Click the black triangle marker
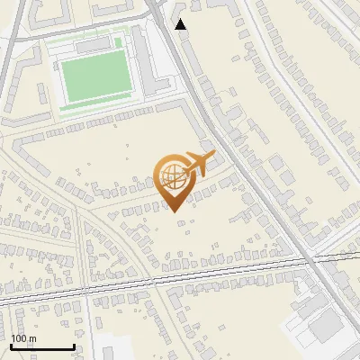click(181, 23)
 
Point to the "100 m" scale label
click(23, 338)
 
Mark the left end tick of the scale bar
click(11, 346)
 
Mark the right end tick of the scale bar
click(74, 346)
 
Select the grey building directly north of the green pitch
click(92, 44)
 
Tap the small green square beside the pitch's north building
click(118, 42)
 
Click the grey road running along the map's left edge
click(7, 54)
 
